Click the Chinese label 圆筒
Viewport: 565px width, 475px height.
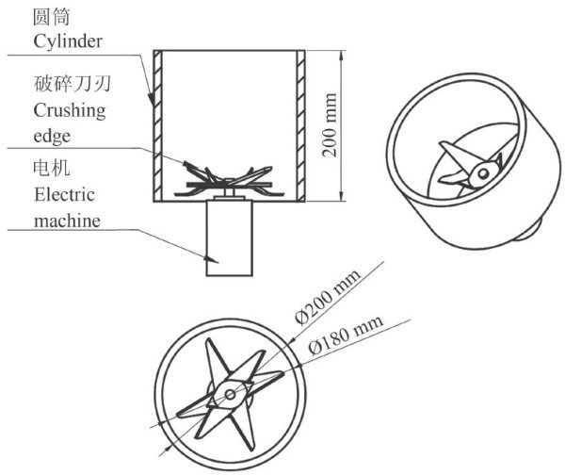point(48,17)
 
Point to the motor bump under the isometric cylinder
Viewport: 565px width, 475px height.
point(535,228)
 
